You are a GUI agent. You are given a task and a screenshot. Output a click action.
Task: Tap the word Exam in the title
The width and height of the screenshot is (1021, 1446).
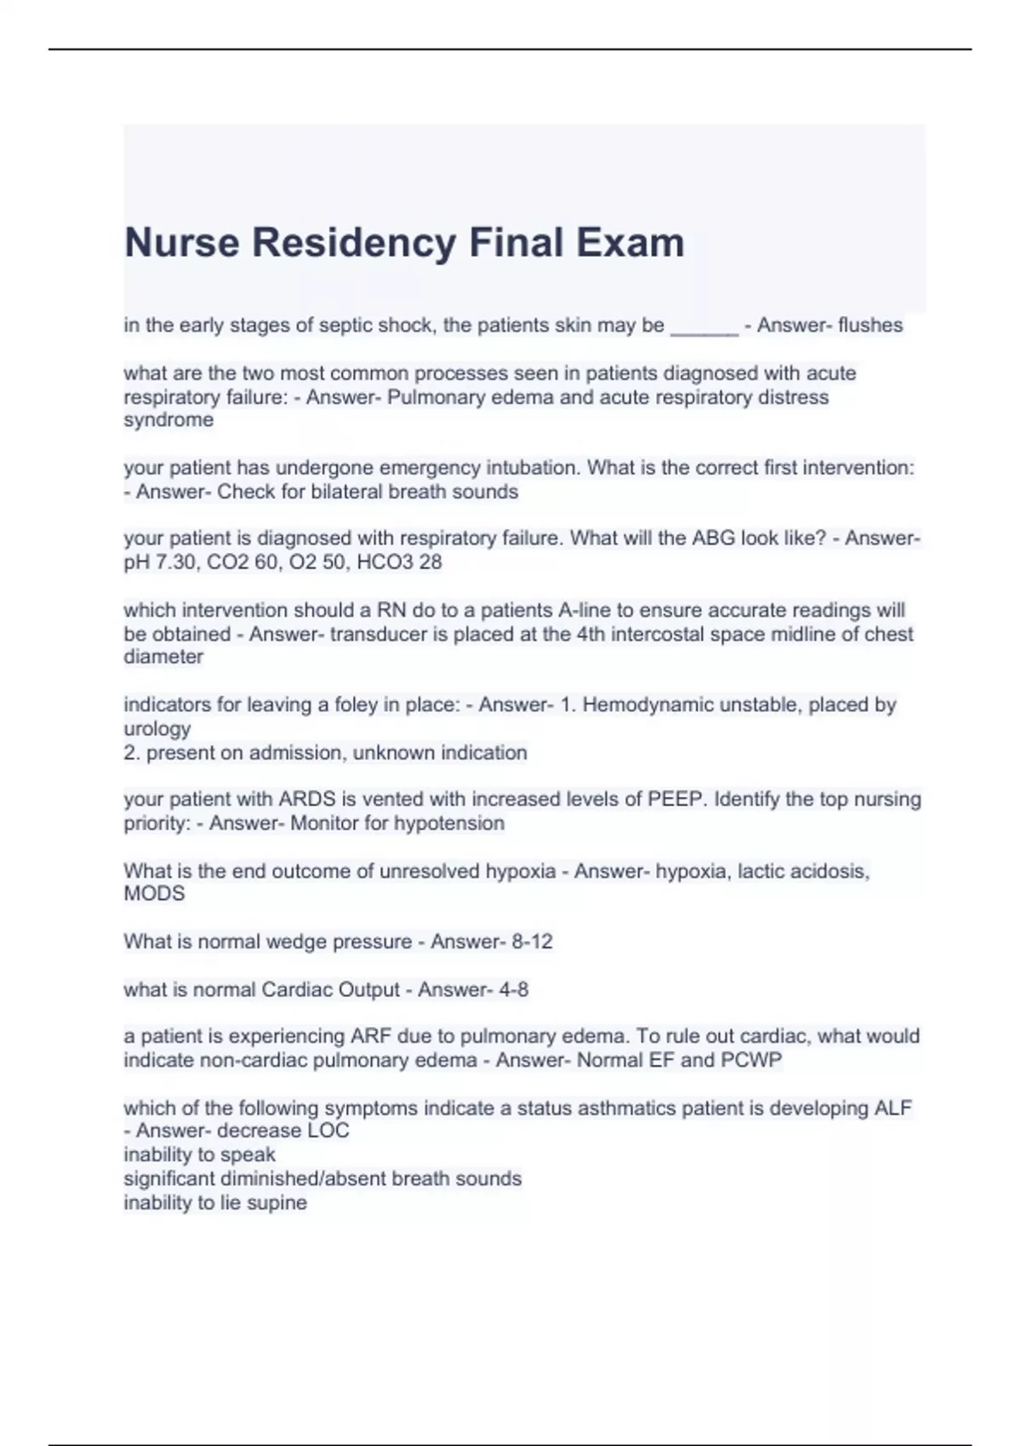pos(630,242)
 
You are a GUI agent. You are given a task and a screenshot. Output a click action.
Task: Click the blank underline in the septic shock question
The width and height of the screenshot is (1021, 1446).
pos(704,327)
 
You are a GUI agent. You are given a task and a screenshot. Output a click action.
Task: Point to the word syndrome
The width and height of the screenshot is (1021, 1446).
pos(168,420)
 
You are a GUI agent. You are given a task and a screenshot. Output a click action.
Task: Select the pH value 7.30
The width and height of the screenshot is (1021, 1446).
pos(174,562)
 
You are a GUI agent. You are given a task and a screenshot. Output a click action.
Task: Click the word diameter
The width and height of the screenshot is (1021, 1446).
pos(163,657)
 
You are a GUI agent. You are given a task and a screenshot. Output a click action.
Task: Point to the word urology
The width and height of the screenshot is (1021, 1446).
pos(157,729)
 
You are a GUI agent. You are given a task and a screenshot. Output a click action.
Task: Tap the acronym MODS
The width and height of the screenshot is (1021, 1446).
pos(154,894)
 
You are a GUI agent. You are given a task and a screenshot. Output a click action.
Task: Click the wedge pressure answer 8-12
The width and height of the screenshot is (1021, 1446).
pos(532,942)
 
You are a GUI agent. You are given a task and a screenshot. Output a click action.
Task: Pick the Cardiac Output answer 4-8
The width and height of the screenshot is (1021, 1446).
pos(513,990)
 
